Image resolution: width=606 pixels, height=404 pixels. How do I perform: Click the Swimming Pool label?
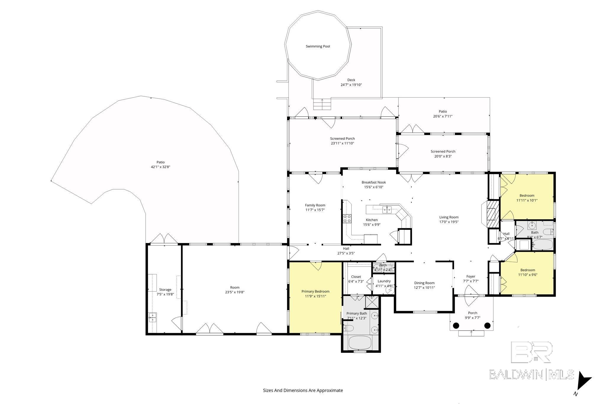pyautogui.click(x=318, y=46)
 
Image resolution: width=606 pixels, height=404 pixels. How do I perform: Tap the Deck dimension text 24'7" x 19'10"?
pyautogui.click(x=351, y=85)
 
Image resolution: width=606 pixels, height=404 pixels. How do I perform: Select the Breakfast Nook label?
pyautogui.click(x=374, y=182)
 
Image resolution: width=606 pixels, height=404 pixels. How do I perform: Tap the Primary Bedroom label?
pyautogui.click(x=315, y=291)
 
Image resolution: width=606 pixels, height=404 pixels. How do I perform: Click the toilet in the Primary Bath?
pyautogui.click(x=348, y=328)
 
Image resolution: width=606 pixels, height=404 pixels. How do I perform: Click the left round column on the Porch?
pyautogui.click(x=456, y=326)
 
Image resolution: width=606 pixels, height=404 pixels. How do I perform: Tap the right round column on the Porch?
pyautogui.click(x=487, y=326)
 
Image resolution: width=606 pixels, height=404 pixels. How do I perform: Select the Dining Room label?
pyautogui.click(x=424, y=283)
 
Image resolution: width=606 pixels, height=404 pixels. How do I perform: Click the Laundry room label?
pyautogui.click(x=384, y=281)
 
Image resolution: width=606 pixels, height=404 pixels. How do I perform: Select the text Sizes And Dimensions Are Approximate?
pyautogui.click(x=303, y=390)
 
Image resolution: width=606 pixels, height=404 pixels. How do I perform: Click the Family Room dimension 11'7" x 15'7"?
pyautogui.click(x=315, y=210)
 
